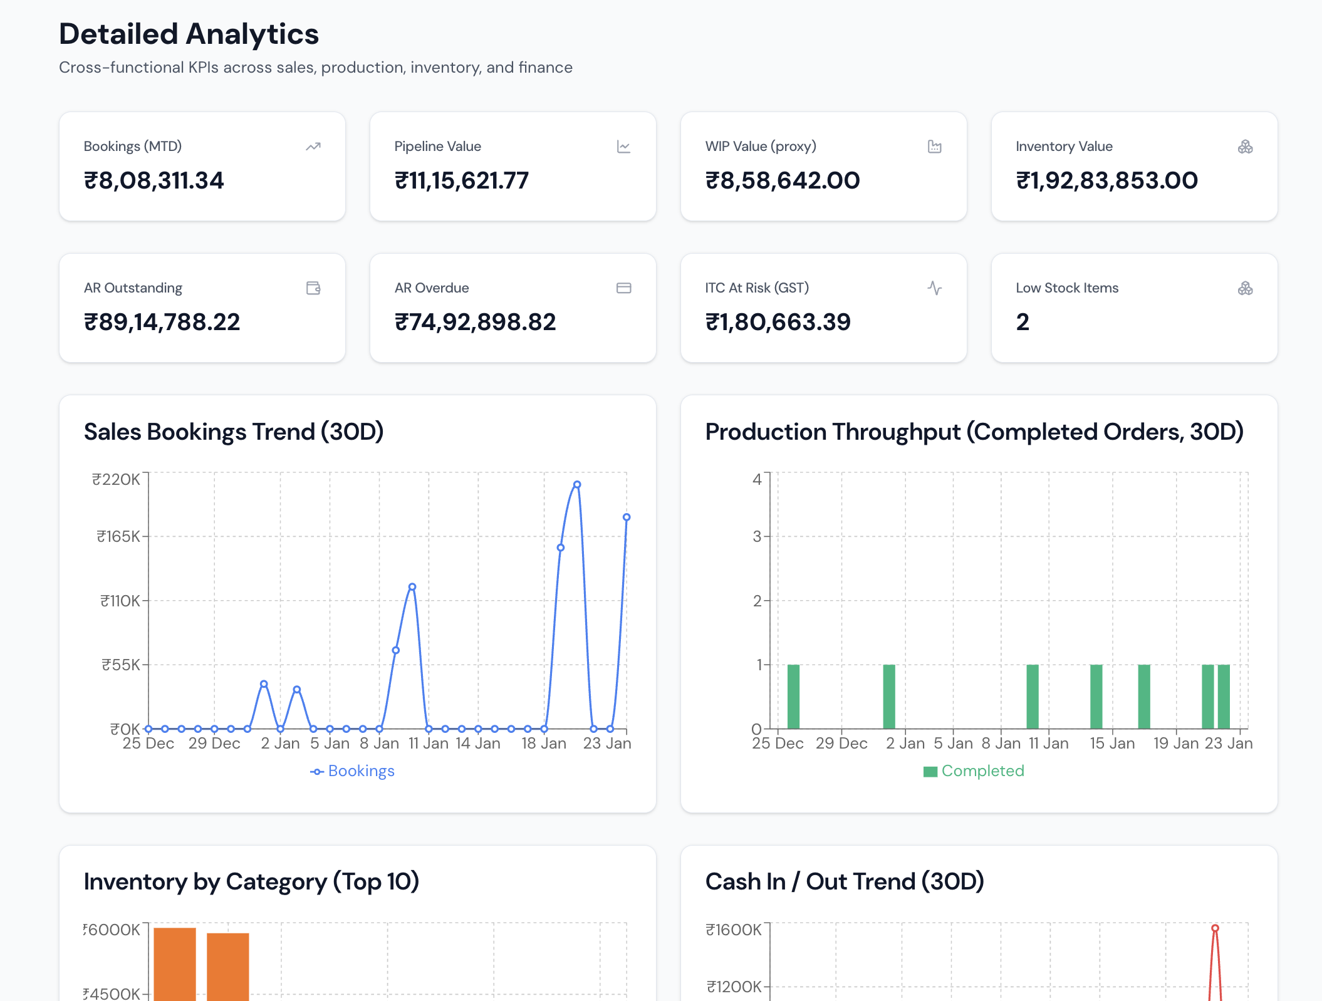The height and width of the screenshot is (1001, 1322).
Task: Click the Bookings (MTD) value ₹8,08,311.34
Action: click(x=154, y=181)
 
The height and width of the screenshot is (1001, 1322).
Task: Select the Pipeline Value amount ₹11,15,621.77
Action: click(x=461, y=181)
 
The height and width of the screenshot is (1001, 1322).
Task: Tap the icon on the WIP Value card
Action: click(x=934, y=147)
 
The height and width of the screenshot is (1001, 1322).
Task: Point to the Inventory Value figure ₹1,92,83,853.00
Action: click(x=1106, y=181)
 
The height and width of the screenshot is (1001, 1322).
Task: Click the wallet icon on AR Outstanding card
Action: click(x=313, y=288)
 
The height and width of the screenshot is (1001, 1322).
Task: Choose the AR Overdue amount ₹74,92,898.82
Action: click(x=475, y=323)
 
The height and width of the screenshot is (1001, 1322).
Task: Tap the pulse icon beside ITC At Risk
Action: click(x=934, y=288)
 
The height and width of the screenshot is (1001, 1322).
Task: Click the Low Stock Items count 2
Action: click(x=1023, y=323)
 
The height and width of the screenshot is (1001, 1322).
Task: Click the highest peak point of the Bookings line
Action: click(x=577, y=484)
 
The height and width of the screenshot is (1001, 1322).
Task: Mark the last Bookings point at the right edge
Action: click(x=626, y=517)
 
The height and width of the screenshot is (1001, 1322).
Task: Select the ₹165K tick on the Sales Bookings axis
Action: click(x=118, y=537)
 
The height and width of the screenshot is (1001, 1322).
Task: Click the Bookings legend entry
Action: click(x=353, y=771)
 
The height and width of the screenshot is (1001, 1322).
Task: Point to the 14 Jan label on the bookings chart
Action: click(x=477, y=744)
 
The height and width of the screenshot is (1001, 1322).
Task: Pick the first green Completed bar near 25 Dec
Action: click(x=793, y=697)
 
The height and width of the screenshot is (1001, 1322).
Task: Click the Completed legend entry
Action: click(x=974, y=771)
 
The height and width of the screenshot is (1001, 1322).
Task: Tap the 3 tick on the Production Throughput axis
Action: click(x=757, y=537)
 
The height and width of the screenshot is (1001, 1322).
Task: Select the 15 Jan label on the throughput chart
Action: click(x=1112, y=744)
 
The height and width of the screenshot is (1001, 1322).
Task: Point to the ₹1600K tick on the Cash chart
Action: click(x=734, y=930)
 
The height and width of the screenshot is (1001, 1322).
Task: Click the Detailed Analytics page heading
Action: click(x=189, y=34)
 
